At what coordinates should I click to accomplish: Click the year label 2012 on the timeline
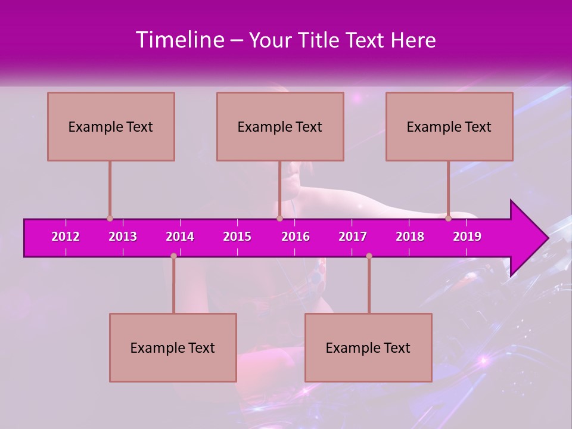[x=66, y=237]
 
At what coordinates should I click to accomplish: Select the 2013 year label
[x=123, y=237]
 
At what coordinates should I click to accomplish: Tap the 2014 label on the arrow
[x=180, y=237]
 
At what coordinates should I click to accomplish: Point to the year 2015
[x=237, y=237]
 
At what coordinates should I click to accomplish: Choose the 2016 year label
[x=296, y=237]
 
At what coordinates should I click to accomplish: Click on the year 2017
[x=353, y=237]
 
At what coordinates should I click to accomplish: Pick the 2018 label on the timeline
[x=410, y=237]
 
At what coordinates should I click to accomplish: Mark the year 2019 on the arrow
[x=467, y=237]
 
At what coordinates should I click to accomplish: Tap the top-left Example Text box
[x=111, y=127]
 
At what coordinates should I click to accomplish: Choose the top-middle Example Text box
[x=280, y=127]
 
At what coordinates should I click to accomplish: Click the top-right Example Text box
[x=449, y=127]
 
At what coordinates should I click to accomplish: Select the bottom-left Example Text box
[x=173, y=348]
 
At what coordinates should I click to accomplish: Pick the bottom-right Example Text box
[x=368, y=348]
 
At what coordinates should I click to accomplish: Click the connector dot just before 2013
[x=110, y=219]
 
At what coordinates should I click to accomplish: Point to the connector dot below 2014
[x=173, y=256]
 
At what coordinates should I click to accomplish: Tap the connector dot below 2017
[x=369, y=256]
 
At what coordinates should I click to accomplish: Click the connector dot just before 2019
[x=448, y=219]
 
